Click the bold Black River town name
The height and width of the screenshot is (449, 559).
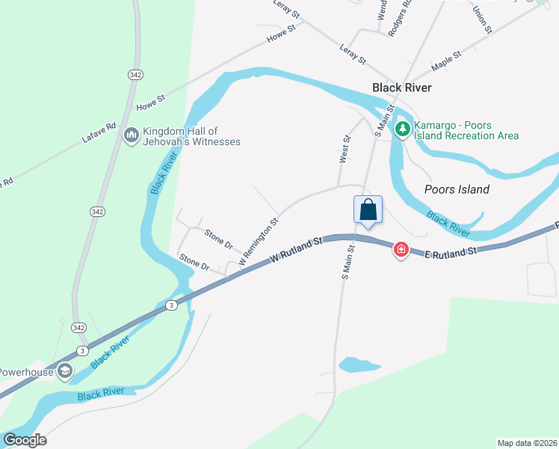point(402,88)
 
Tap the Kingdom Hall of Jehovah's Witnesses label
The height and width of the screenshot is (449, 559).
point(191,136)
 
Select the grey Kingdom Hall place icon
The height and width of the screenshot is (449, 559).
point(131,135)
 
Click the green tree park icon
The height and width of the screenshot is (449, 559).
point(403,129)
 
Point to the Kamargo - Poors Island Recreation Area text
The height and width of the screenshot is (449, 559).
point(466,130)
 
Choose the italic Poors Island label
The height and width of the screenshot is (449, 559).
point(457,189)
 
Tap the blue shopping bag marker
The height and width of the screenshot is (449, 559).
point(368,210)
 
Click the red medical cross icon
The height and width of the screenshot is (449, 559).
point(401,250)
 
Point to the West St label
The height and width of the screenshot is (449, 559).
point(345,150)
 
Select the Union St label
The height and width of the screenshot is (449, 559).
point(483,21)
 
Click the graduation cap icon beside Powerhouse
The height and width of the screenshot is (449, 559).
point(65,370)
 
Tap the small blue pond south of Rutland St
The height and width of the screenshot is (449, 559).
point(358,365)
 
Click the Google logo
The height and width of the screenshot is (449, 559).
point(25,440)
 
